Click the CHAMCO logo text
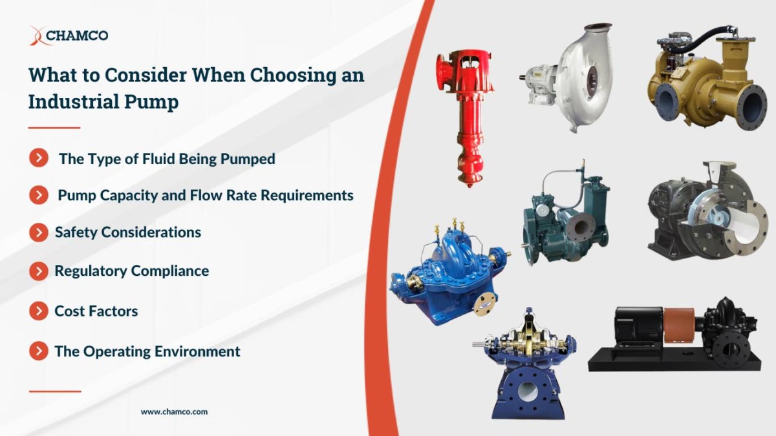[76, 36]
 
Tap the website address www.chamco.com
[174, 411]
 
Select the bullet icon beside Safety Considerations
[39, 233]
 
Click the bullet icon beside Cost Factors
[39, 311]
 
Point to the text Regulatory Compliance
[131, 271]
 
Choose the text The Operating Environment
[147, 351]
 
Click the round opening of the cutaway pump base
[528, 391]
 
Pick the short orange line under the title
[54, 128]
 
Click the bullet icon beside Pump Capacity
[39, 195]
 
